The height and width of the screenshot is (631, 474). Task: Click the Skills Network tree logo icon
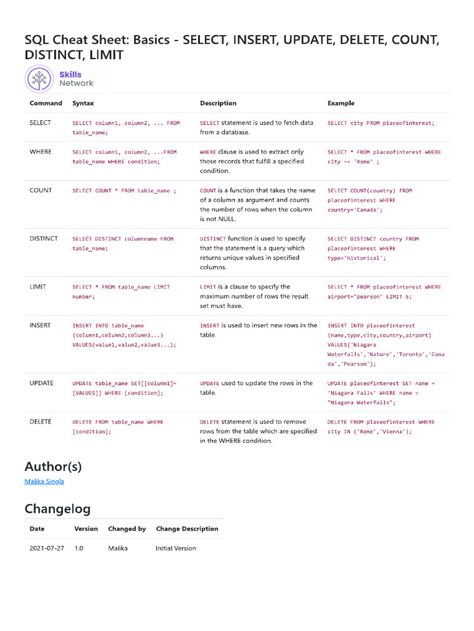coord(40,79)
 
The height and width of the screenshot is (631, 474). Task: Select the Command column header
coord(46,103)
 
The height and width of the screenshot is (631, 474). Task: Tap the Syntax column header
coord(83,103)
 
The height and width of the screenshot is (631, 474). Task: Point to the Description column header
coord(218,103)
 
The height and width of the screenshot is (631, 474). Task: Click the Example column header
coord(341,103)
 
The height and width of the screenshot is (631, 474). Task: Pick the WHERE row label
coord(41,152)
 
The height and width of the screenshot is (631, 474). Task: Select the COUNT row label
coord(41,190)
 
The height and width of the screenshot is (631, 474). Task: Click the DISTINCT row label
coord(44,238)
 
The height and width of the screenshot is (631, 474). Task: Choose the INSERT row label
coord(40,325)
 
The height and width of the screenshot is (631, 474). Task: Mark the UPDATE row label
coord(41,383)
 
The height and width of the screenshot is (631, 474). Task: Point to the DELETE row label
coord(41,421)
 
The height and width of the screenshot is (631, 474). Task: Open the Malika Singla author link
coord(44,481)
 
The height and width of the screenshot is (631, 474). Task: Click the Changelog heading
coord(57,508)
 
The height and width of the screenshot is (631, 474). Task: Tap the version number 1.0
coord(79,548)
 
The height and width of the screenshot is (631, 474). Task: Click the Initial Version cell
coord(176,548)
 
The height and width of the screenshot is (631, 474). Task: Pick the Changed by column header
coord(127,529)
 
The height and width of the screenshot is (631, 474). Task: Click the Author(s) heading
coord(53,466)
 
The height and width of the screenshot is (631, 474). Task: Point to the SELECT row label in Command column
coord(41,123)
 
